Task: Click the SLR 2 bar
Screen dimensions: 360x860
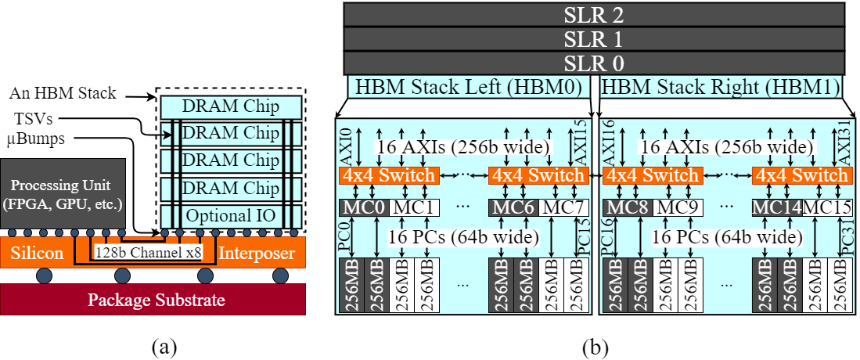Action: pos(595,14)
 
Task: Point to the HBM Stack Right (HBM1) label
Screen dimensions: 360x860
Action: pos(721,86)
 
